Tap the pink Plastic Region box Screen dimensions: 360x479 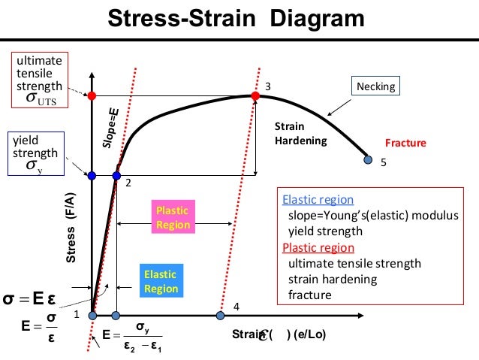pos(172,217)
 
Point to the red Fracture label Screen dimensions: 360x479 pos(405,143)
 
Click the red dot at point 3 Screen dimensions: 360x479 pos(255,95)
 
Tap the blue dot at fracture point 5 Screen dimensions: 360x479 pos(367,159)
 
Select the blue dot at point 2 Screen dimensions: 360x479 pos(116,175)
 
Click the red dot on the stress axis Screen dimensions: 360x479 pos(92,95)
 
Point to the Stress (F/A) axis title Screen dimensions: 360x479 pos(71,228)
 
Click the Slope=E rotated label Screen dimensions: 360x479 pos(109,126)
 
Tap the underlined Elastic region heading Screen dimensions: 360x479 pos(318,200)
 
